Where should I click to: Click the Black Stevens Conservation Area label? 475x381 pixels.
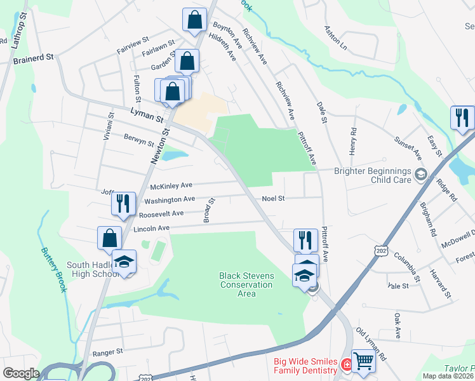tap(246, 284)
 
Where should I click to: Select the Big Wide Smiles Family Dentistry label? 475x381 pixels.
tap(305, 366)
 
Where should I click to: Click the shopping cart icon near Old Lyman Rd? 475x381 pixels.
tap(363, 361)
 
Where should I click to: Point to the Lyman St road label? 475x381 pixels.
tap(147, 114)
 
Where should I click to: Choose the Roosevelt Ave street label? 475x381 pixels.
tap(161, 214)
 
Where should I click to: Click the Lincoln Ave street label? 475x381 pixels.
tap(151, 228)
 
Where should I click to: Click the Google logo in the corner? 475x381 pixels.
tap(22, 373)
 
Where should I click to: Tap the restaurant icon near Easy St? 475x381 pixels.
tap(462, 118)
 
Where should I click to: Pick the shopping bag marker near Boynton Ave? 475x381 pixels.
tap(194, 20)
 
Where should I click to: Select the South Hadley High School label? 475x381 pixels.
tap(93, 270)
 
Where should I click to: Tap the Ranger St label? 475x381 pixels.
tap(107, 352)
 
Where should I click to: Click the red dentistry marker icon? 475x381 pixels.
tap(347, 365)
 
